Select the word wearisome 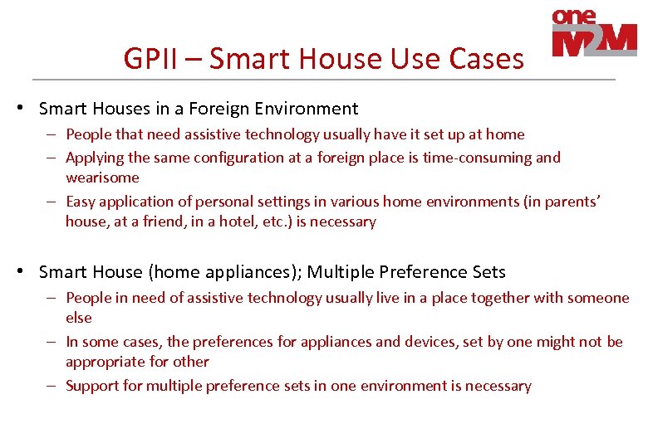(x=102, y=178)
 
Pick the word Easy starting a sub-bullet (x=81, y=202)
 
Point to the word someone (x=598, y=298)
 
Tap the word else (x=79, y=318)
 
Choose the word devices (x=432, y=342)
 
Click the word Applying (x=93, y=158)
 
